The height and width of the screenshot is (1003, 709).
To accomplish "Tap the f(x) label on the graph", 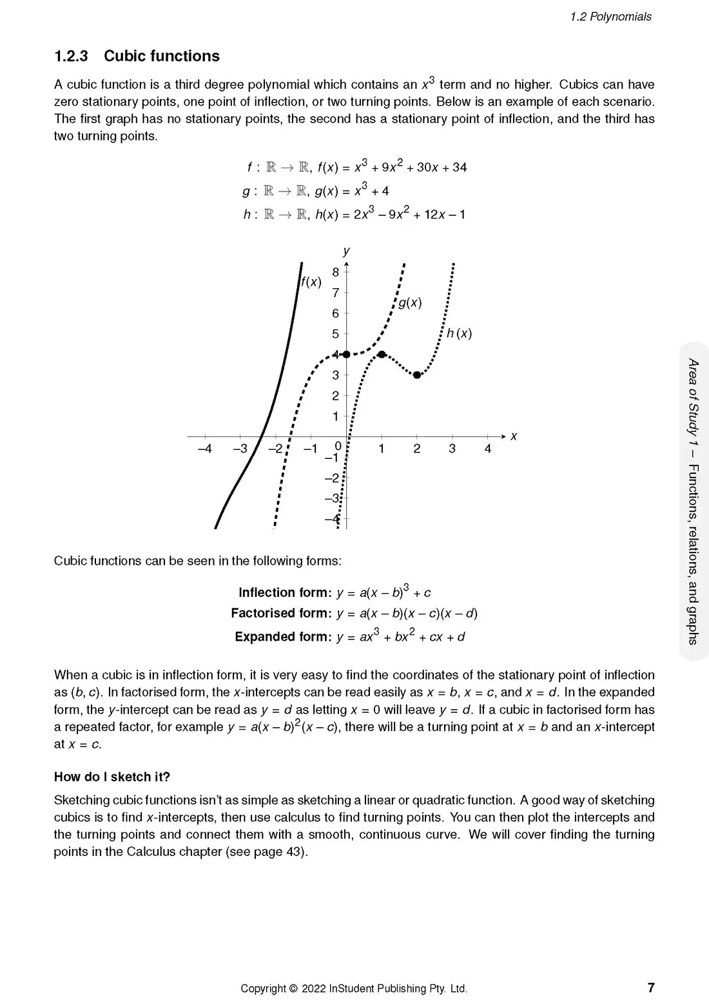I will (x=311, y=282).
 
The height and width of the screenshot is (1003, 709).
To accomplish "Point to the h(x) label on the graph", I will (x=460, y=333).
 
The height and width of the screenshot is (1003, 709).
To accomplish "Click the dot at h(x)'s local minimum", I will (x=417, y=375).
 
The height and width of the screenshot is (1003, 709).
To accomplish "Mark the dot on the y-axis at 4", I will (x=346, y=355).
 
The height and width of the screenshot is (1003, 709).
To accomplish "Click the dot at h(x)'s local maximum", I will (x=382, y=355).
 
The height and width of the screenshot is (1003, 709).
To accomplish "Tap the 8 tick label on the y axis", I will (x=335, y=272).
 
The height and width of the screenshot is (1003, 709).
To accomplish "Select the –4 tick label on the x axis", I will (x=204, y=449).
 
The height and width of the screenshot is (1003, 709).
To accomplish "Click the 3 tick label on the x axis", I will (x=452, y=449).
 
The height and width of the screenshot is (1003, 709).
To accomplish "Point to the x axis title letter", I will (x=514, y=436).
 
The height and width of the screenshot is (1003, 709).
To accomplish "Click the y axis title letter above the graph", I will (x=347, y=251).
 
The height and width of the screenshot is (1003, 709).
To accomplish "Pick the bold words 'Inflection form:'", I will (x=285, y=593).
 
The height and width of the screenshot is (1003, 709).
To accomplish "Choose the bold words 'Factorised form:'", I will (x=281, y=614).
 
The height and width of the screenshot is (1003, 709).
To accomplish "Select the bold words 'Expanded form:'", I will (x=283, y=637).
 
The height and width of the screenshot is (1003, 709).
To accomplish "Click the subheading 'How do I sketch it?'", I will (x=112, y=777).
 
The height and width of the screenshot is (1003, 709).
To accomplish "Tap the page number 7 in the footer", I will (x=651, y=988).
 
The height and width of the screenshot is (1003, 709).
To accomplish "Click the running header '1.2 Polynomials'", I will (x=610, y=17).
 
